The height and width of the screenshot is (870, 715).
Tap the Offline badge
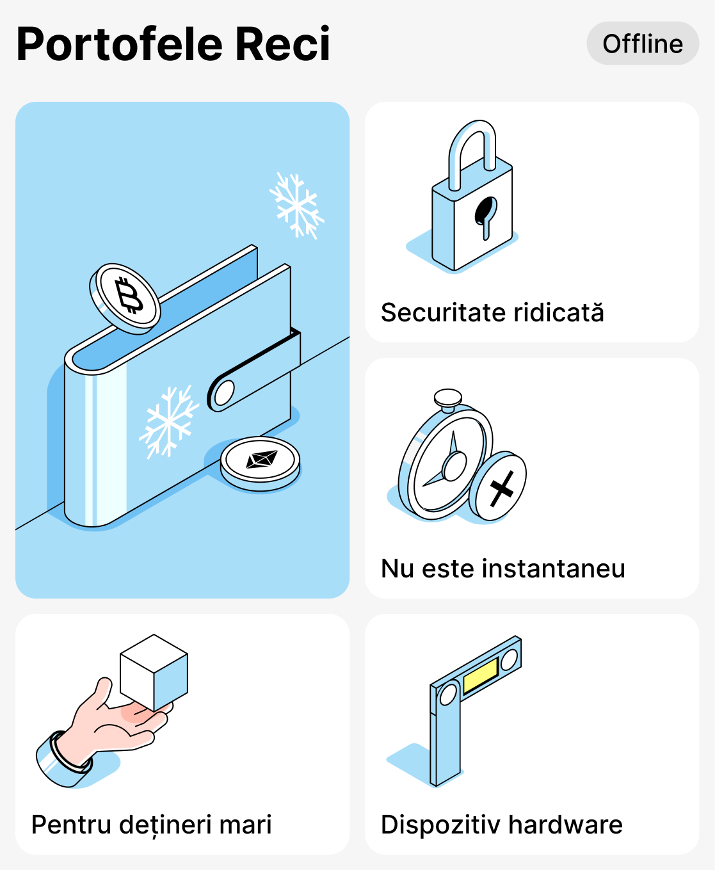(643, 44)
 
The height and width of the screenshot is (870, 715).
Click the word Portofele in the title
(119, 45)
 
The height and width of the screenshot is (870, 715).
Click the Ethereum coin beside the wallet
(261, 461)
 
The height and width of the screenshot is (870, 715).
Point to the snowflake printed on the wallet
(168, 421)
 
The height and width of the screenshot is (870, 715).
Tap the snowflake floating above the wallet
(296, 205)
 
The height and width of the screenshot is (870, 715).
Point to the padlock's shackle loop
(472, 147)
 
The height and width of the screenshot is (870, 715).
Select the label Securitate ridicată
(492, 312)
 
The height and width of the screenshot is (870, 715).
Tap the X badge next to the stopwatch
(499, 487)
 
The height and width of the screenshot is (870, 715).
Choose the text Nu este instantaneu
(502, 568)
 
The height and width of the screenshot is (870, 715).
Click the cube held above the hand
(154, 672)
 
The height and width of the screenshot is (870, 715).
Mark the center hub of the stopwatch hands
(454, 466)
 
